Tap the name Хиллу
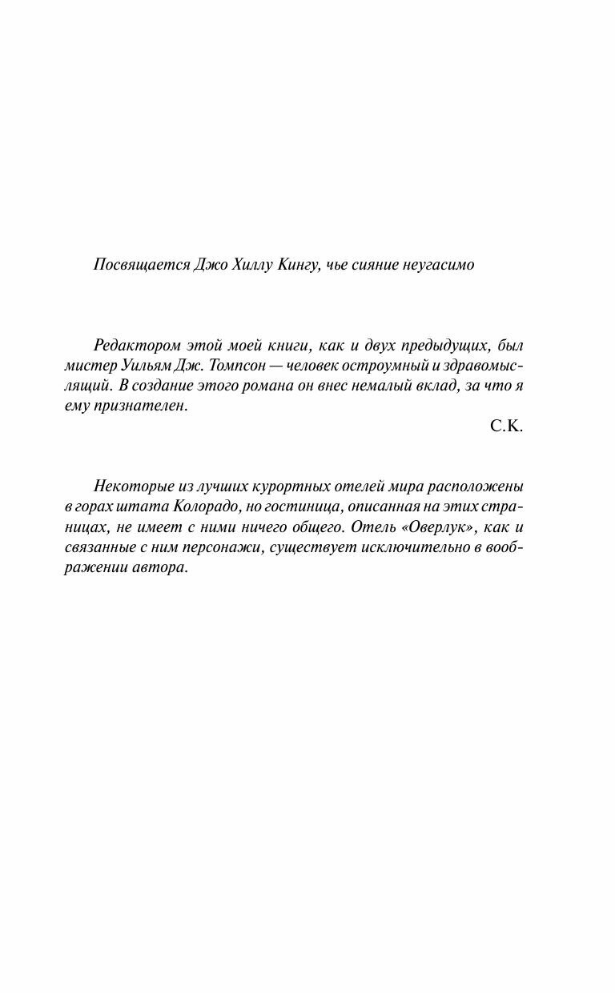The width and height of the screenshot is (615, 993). (x=247, y=265)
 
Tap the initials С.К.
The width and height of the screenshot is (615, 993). (x=506, y=426)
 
